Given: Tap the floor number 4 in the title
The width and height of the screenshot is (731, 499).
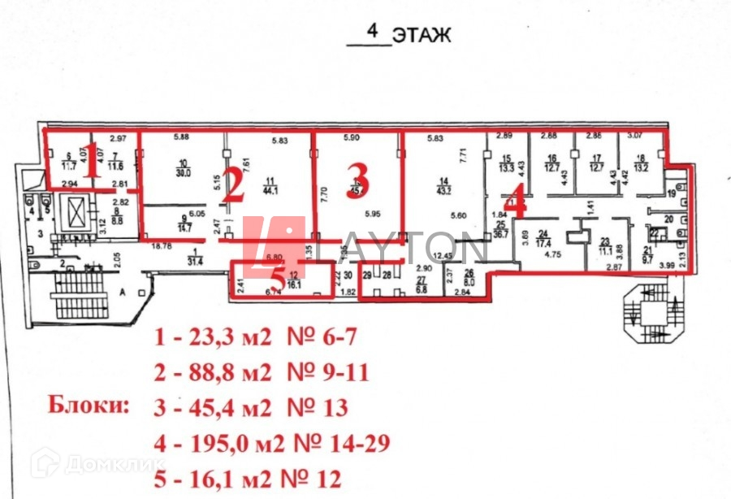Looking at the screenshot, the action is pos(373,33).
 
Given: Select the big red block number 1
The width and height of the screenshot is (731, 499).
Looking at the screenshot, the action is pos(93,159).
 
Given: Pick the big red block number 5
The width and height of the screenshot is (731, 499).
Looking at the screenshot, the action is pos(277,276).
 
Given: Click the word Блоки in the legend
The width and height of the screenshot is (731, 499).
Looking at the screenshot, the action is pos(89,404).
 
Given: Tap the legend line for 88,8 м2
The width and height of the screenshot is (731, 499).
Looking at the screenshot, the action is pos(262,373).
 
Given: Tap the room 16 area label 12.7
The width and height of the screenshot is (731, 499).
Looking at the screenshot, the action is pos(552,169).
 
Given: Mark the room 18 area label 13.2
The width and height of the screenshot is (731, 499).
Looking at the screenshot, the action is pos(640,169).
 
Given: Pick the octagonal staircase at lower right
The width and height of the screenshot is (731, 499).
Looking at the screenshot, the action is pos(650,314).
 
